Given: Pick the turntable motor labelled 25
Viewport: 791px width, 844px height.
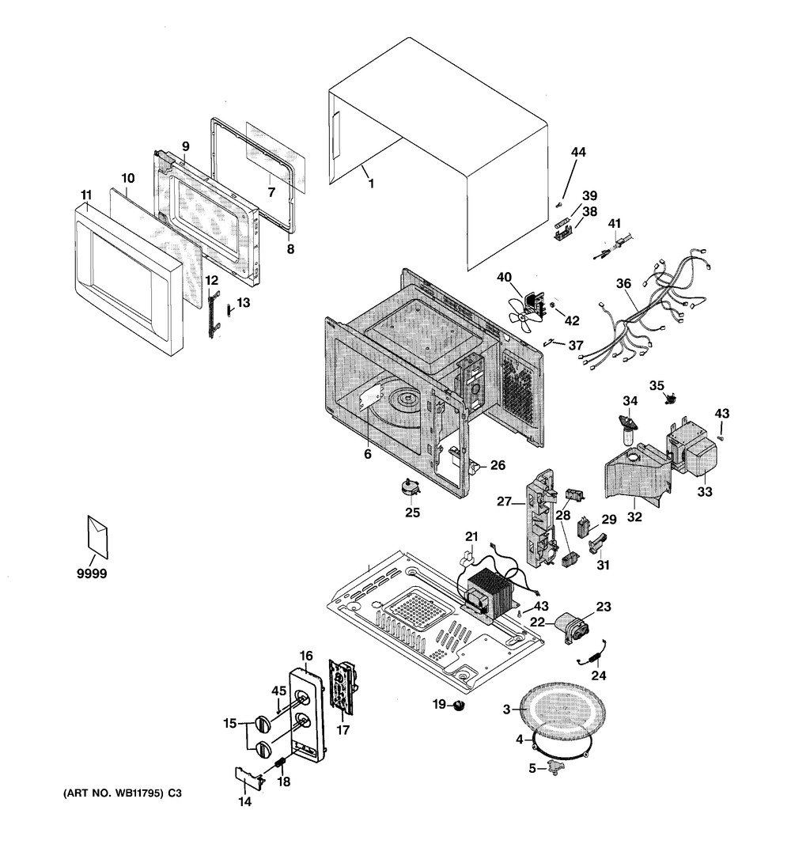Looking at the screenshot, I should (411, 486).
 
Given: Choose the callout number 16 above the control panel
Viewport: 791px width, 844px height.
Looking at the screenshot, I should (306, 656).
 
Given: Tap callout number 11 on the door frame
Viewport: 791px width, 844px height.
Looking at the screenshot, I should (87, 195).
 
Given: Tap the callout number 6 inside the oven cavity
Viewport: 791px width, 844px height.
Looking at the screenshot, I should (367, 454).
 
